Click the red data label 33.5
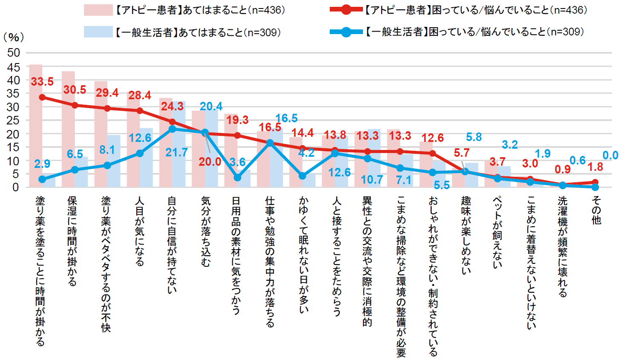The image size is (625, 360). (x=42, y=81)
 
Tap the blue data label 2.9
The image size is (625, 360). (x=42, y=164)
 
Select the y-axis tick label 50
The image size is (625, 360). (x=13, y=53)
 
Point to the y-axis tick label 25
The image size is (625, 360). (x=13, y=120)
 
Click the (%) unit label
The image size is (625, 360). (x=13, y=37)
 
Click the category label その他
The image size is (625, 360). (x=596, y=210)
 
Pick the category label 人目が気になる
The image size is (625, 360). (x=139, y=231)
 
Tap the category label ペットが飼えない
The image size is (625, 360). (x=497, y=232)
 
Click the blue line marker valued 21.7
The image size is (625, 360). (x=172, y=129)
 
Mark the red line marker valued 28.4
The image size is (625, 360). (x=140, y=111)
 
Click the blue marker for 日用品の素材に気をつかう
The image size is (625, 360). (x=237, y=177)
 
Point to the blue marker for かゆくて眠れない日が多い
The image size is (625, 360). (x=302, y=176)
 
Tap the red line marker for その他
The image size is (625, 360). (x=595, y=182)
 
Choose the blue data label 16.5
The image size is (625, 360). (x=286, y=118)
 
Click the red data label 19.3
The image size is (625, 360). (x=237, y=120)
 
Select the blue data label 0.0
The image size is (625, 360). (x=610, y=156)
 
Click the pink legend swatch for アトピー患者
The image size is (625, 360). (x=98, y=10)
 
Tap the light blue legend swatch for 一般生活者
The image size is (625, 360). (x=98, y=32)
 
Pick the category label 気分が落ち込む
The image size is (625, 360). (x=205, y=231)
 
